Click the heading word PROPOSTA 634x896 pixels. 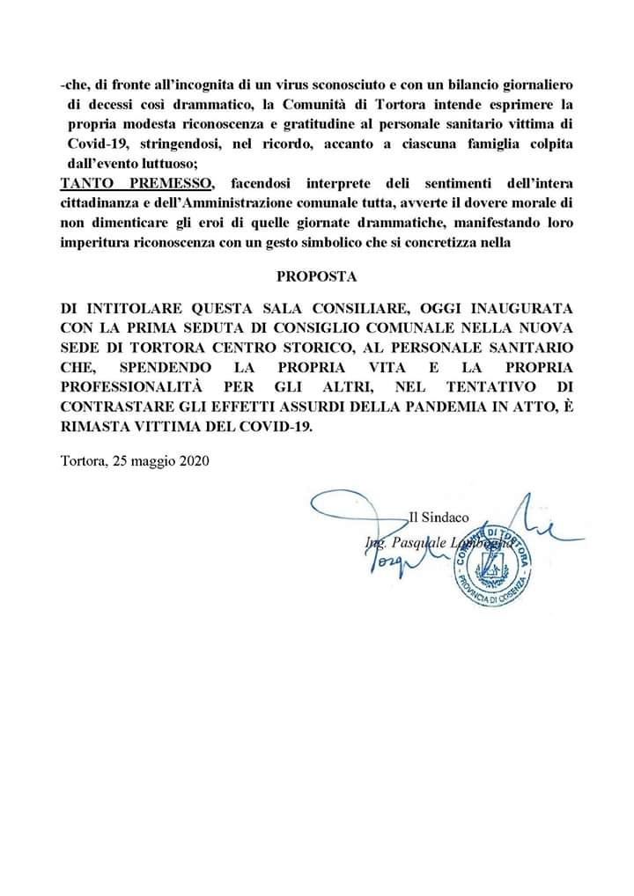(x=316, y=275)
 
